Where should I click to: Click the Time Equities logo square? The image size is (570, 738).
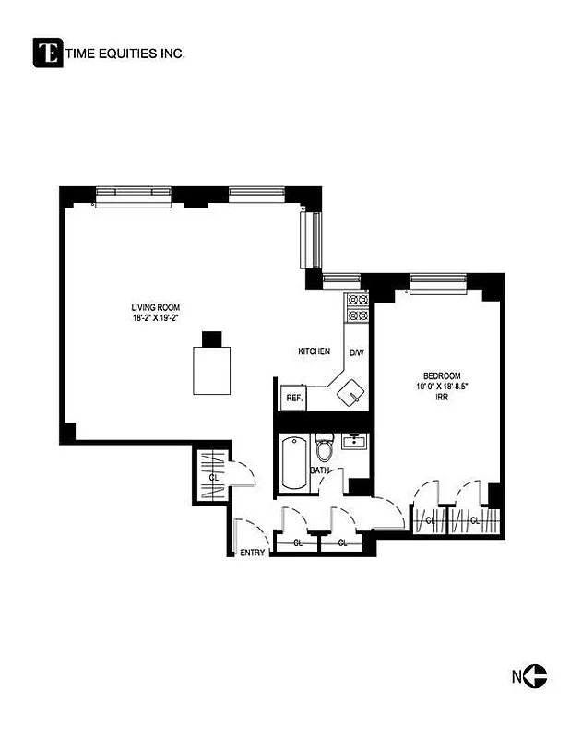click(48, 53)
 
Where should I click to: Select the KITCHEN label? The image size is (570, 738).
click(314, 351)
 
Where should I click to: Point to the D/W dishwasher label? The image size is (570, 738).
click(356, 351)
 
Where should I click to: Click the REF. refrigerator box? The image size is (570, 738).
click(294, 398)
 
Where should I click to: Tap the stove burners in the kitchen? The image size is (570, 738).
click(357, 307)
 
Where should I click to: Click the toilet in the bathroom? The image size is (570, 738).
click(324, 449)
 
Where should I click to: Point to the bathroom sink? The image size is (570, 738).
click(351, 442)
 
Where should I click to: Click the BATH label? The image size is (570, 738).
click(319, 470)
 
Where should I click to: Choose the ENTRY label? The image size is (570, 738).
click(253, 553)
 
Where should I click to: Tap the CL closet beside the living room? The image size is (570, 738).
click(212, 476)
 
